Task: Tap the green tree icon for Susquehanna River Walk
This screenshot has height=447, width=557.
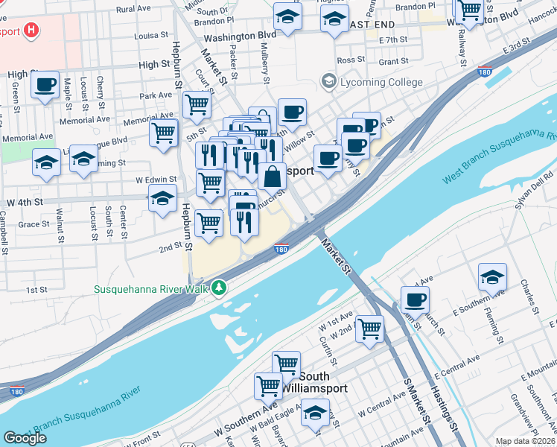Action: tap(218, 287)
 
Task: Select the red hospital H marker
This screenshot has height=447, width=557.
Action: tap(31, 31)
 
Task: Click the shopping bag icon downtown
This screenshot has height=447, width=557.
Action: tap(273, 177)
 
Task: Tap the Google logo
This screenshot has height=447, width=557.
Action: tap(25, 438)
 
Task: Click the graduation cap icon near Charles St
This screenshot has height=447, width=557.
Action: tap(492, 277)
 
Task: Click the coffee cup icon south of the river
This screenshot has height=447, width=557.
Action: tap(415, 300)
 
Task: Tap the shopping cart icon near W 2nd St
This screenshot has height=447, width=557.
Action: tap(369, 328)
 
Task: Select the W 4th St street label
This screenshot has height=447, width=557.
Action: tap(22, 202)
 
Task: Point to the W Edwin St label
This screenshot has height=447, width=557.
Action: tap(156, 180)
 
